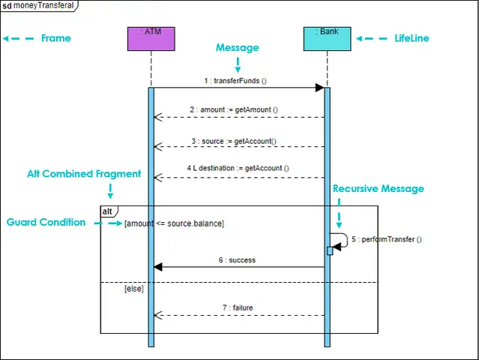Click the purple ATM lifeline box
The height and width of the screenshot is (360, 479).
[x=151, y=39]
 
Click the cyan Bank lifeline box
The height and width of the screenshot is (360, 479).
[x=327, y=39]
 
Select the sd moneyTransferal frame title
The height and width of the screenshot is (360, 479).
[x=38, y=5]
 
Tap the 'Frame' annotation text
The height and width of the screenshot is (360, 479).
[x=56, y=38]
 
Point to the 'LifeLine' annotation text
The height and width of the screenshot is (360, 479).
[x=412, y=38]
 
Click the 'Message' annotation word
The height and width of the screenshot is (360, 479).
[x=238, y=48]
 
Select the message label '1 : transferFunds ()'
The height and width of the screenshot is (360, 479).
[x=235, y=81]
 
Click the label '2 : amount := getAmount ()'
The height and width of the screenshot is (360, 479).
[x=234, y=109]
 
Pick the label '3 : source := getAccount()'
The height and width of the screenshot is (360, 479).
[x=234, y=141]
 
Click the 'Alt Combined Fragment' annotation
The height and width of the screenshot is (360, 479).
[x=84, y=173]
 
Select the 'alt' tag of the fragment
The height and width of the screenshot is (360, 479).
[x=107, y=211]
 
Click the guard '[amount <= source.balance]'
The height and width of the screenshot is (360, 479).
[x=174, y=223]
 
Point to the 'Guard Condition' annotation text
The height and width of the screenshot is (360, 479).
[x=46, y=222]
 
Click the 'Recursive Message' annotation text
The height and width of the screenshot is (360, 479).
[x=379, y=188]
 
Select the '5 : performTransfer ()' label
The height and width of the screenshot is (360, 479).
[x=387, y=239]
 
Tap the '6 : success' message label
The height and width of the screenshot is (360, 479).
[x=237, y=260]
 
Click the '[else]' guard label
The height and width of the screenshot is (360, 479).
[x=133, y=289]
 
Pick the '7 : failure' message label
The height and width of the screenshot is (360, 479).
[x=238, y=307]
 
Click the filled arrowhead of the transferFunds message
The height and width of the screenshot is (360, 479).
[x=319, y=88]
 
